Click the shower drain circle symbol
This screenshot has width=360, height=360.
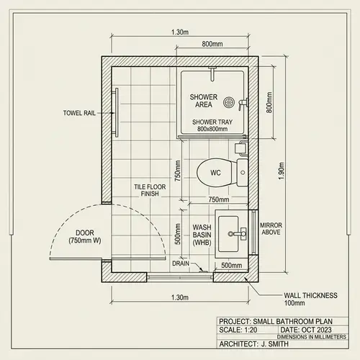[x=230, y=102]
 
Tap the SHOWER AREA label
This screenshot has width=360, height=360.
[x=203, y=101]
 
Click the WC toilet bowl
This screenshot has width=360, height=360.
[x=215, y=173]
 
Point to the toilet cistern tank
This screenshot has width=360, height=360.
[x=240, y=172]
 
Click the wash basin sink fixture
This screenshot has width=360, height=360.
[x=232, y=233]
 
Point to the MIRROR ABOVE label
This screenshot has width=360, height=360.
[x=271, y=229]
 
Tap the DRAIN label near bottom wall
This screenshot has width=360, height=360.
[x=181, y=264]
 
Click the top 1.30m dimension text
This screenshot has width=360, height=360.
[x=180, y=32]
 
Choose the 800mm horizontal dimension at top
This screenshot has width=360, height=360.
[x=212, y=44]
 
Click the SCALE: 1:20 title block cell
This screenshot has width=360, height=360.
[x=242, y=330]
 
